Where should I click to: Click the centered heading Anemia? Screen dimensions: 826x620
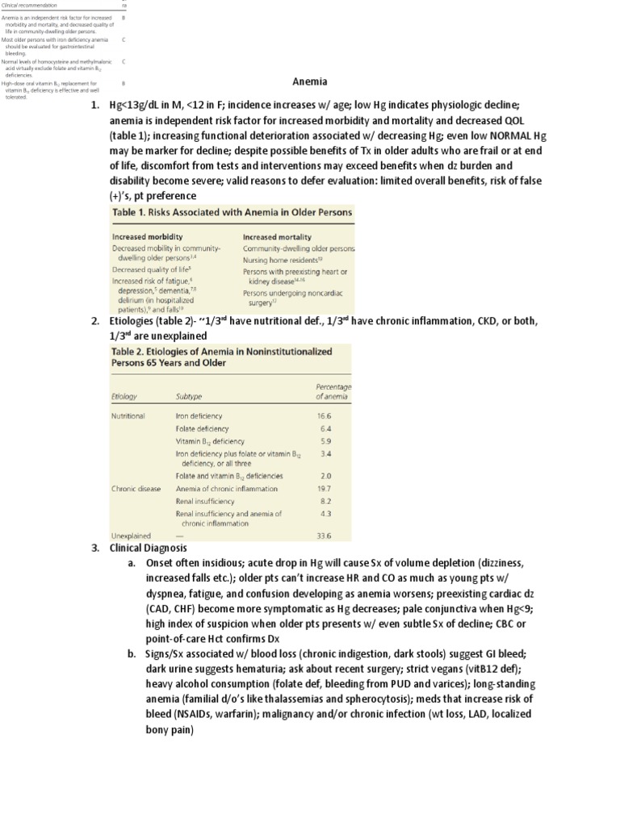tap(310, 81)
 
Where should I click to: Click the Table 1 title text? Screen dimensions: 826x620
tap(231, 213)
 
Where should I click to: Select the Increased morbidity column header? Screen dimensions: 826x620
tap(145, 237)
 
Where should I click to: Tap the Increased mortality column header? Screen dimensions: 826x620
tap(274, 237)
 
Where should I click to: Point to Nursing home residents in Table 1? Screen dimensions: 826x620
tap(283, 261)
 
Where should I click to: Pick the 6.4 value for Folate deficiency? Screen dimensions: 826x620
tap(325, 429)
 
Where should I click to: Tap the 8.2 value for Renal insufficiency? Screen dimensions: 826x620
tap(325, 501)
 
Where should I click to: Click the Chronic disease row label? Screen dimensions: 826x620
tap(136, 488)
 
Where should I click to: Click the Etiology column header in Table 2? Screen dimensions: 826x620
tap(125, 396)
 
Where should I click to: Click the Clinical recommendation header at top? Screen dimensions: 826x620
tap(29, 5)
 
